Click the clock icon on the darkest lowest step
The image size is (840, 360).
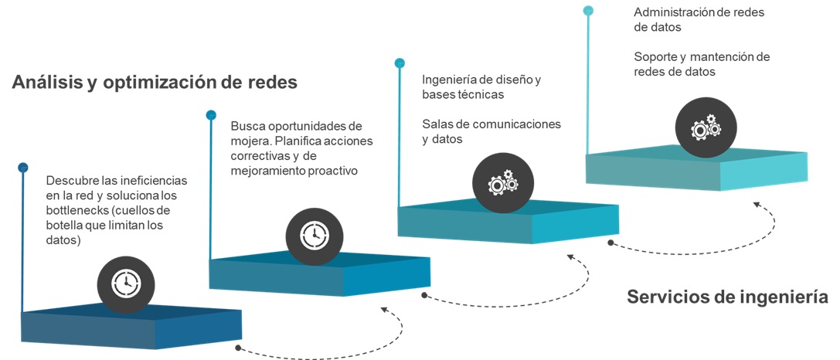[x=125, y=284]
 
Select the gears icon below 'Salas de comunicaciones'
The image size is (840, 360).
[x=502, y=184]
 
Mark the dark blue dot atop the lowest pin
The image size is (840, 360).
[x=23, y=167]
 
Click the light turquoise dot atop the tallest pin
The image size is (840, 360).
[x=588, y=11]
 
